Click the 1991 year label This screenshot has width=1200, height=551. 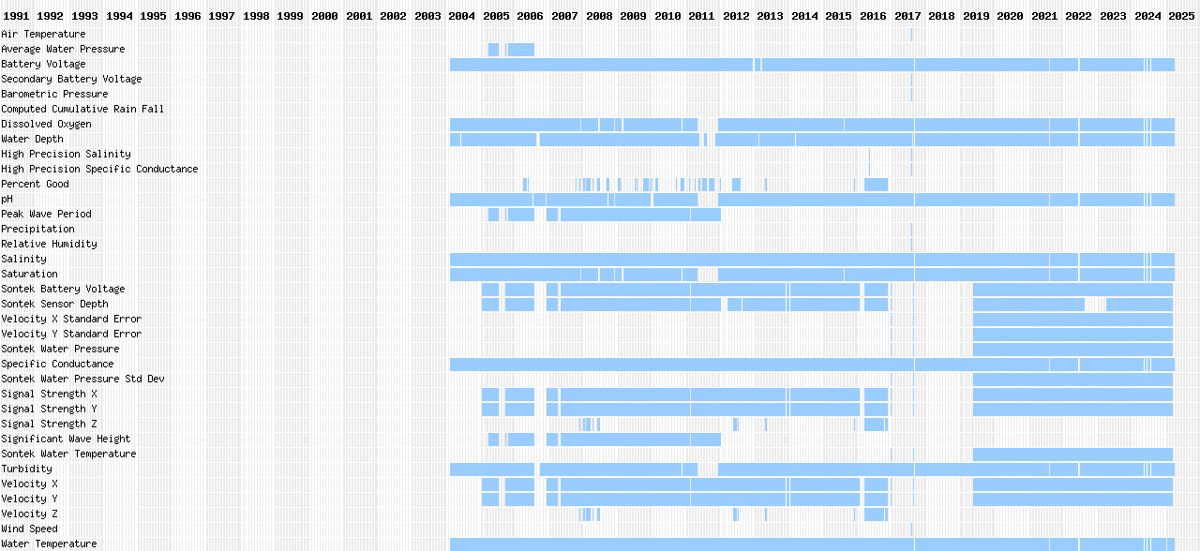pos(16,16)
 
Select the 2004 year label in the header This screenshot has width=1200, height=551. pos(461,16)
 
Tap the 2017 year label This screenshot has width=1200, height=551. pos(907,16)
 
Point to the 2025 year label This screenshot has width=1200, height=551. pos(1180,16)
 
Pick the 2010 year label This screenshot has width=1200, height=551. pos(667,16)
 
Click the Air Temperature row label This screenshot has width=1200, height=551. pos(43,34)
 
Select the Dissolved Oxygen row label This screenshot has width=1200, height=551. pos(46,124)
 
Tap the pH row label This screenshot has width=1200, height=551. pos(7,199)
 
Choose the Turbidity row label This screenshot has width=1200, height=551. pos(26,469)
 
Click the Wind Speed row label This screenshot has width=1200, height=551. pos(29,529)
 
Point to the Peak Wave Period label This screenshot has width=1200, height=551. pos(46,214)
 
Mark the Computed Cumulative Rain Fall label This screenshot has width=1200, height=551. pos(82,109)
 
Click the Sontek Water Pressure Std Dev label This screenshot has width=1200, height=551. pos(82,379)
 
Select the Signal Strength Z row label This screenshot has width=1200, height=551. pos(49,424)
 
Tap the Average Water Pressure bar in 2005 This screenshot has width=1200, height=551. pos(520,49)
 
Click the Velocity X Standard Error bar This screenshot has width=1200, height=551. pos(1072,319)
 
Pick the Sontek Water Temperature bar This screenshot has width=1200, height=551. pos(1072,454)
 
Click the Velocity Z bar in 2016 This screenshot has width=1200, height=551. pos(876,514)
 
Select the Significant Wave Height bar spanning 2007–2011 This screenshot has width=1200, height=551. pos(640,439)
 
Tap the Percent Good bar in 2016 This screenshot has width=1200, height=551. pos(876,184)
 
